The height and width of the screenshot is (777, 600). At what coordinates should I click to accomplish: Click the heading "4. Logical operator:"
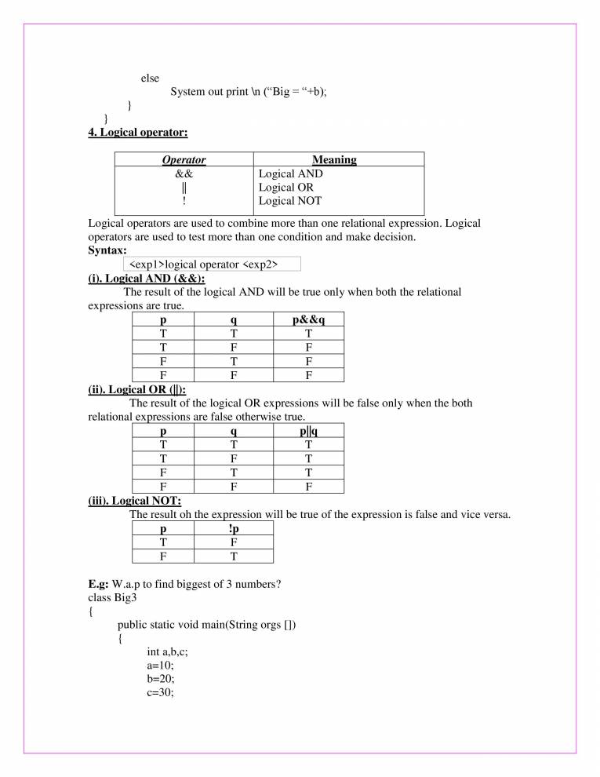tap(137, 133)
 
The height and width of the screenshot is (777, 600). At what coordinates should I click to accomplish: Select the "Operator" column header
tap(184, 159)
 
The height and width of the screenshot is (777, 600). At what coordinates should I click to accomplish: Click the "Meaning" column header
tap(334, 159)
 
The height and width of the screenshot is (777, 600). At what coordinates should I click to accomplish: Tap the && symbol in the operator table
tap(184, 173)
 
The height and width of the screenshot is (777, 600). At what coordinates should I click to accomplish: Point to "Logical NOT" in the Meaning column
tap(289, 201)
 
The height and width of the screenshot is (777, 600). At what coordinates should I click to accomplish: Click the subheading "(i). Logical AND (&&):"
tap(147, 278)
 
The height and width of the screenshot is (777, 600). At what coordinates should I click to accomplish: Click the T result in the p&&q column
tap(308, 334)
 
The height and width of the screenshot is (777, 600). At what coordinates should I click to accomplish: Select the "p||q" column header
tap(308, 431)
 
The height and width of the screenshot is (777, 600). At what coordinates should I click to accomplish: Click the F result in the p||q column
tap(308, 486)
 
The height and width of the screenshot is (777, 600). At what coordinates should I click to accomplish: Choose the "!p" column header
tap(233, 528)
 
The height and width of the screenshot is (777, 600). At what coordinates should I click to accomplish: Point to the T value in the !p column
tap(233, 556)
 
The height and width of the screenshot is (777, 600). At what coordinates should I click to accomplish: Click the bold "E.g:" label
tap(99, 584)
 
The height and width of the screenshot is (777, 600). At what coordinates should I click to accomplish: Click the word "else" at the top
tap(150, 78)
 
